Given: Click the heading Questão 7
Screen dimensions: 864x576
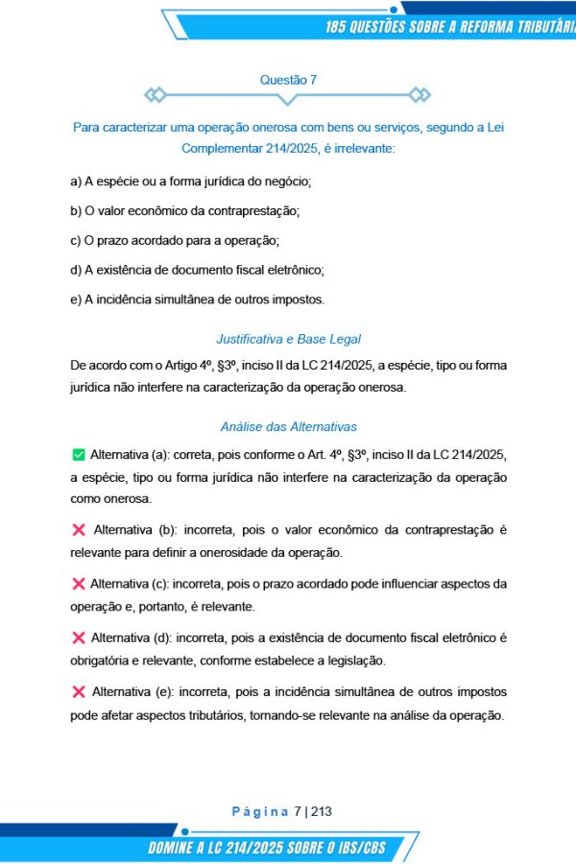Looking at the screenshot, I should click(x=288, y=81).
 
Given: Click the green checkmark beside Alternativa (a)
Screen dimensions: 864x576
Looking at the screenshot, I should click(x=78, y=453).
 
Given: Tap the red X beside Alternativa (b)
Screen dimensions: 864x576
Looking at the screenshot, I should click(x=78, y=529).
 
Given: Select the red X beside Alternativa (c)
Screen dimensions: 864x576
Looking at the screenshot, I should click(x=78, y=584).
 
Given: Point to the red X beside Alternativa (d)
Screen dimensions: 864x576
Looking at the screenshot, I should click(x=78, y=637).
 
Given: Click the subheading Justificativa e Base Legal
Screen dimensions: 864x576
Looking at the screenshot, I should click(x=288, y=339).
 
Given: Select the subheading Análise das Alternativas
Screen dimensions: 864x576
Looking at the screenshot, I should click(x=288, y=426).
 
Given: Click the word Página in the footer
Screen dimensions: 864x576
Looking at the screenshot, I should click(x=260, y=811).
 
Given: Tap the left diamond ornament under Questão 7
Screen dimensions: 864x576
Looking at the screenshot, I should click(x=155, y=94).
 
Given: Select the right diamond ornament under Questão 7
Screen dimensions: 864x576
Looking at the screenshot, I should click(x=420, y=94).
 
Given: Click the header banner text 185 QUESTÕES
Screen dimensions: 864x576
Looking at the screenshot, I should click(x=384, y=26).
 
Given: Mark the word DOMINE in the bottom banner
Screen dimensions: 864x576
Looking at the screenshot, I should click(x=179, y=848).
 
